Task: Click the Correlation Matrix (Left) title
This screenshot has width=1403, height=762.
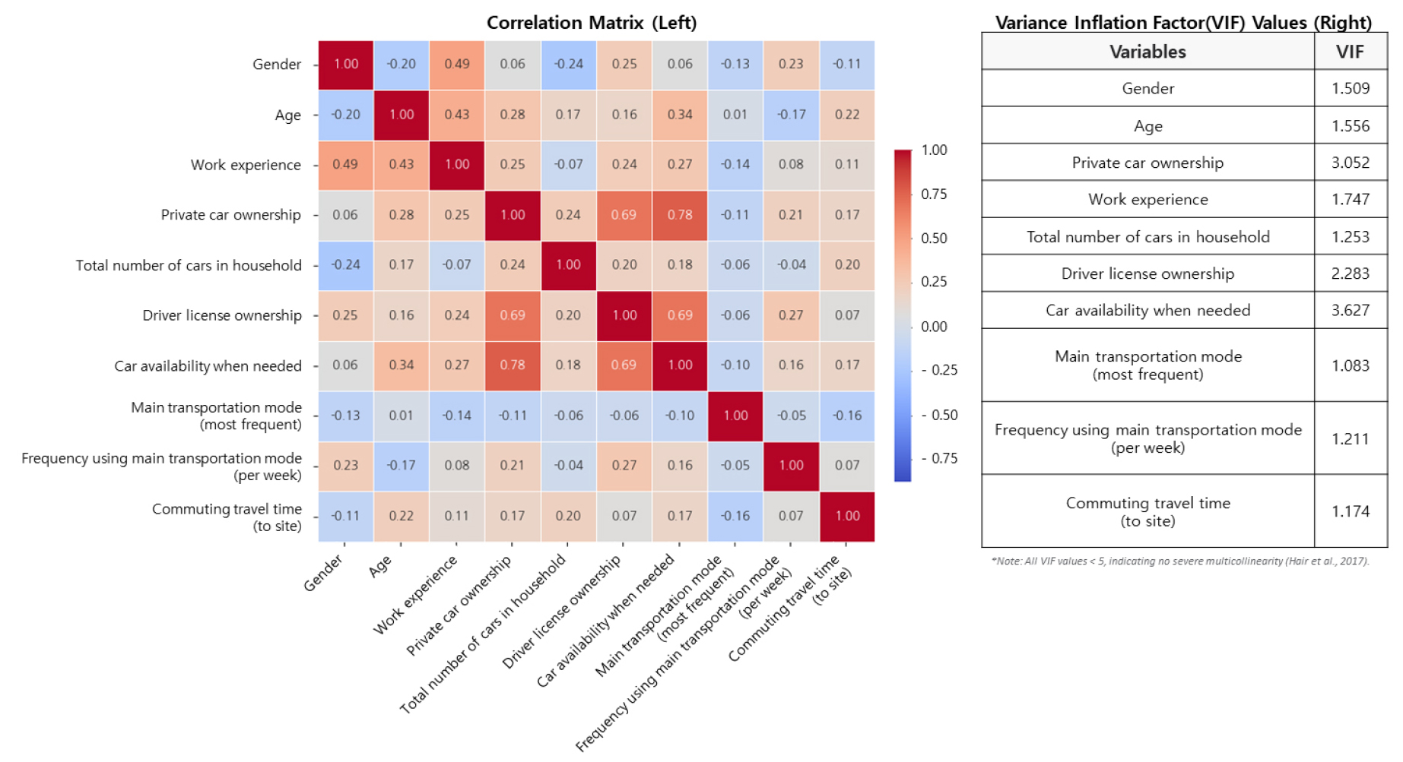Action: pos(592,23)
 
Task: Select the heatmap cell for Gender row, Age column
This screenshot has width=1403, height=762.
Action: pos(402,65)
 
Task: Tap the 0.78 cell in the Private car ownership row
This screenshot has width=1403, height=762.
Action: pos(680,215)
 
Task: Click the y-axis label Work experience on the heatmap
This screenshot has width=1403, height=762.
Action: pos(246,165)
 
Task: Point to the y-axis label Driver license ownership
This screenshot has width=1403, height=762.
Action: pos(222,315)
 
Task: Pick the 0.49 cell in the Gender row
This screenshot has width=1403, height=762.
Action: pos(457,65)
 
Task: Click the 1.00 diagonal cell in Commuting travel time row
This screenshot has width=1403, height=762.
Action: pos(847,517)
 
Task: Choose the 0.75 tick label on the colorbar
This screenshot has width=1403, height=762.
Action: pos(934,194)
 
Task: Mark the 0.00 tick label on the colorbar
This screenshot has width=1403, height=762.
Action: pos(934,327)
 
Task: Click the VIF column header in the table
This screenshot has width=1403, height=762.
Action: pos(1351,52)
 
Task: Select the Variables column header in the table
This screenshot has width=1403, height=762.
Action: pos(1147,52)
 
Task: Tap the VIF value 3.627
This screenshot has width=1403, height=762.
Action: pos(1351,310)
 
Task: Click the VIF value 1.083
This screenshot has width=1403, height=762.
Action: pos(1351,365)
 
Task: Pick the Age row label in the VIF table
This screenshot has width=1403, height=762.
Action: pos(1148,126)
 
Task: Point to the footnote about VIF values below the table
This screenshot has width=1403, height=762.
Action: pos(1180,561)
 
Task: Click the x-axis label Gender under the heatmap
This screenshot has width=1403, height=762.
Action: pos(324,573)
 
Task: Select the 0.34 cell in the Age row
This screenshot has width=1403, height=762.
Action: pos(680,115)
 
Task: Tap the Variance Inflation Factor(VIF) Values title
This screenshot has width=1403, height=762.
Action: pos(1184,23)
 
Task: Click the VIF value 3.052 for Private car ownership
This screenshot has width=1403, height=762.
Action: pos(1351,163)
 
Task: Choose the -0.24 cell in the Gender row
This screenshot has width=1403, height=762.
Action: pos(569,65)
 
